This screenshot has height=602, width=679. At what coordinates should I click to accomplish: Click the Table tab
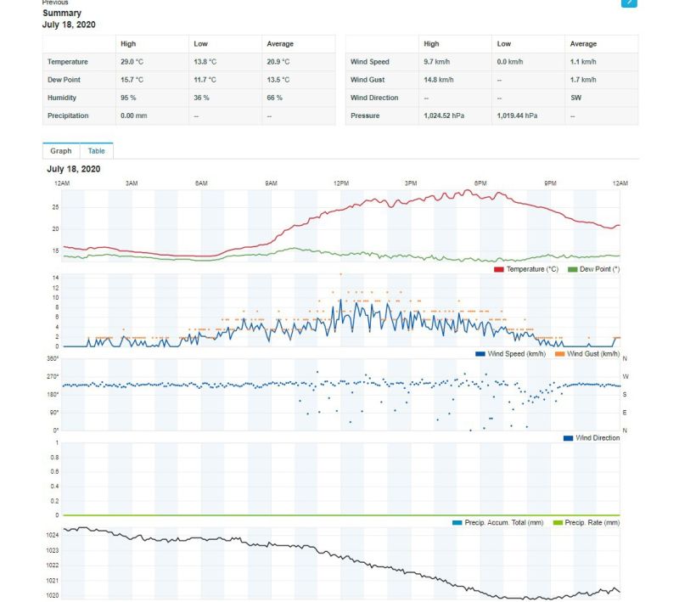tap(97, 151)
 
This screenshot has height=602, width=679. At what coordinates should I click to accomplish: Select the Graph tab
tap(61, 151)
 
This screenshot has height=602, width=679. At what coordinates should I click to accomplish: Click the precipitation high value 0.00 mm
tap(133, 115)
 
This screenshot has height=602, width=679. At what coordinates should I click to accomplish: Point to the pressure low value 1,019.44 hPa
tap(517, 115)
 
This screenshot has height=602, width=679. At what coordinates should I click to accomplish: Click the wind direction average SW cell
tap(576, 98)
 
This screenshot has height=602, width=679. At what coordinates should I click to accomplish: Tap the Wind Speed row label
tap(369, 62)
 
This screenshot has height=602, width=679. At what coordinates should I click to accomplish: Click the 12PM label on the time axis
tap(341, 183)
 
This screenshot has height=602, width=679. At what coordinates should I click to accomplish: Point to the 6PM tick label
tap(480, 183)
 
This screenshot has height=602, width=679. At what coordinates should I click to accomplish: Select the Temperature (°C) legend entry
tap(526, 269)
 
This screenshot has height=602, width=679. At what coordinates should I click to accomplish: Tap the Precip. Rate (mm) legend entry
tap(586, 522)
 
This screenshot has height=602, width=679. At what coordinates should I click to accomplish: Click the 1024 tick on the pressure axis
tap(53, 536)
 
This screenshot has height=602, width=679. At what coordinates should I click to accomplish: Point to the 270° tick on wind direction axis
tap(53, 376)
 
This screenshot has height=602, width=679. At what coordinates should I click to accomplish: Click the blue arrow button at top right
tap(629, 3)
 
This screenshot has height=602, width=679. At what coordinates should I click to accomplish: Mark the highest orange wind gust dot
tap(340, 274)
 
